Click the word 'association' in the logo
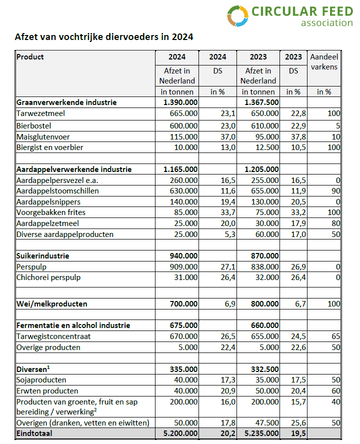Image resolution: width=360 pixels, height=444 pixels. [x=326, y=22]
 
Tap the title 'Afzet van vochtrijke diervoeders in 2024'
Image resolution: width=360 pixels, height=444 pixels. [x=103, y=37]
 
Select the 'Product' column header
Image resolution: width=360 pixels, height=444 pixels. [x=30, y=57]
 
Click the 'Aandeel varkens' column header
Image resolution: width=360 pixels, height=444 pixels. [x=324, y=62]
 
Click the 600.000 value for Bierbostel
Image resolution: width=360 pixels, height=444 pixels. [x=183, y=125]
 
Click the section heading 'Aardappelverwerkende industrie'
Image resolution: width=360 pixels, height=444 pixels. [x=73, y=169]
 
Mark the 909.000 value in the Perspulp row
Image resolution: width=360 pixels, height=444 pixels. [x=183, y=267]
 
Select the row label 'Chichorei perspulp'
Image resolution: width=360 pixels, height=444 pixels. [x=48, y=277]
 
